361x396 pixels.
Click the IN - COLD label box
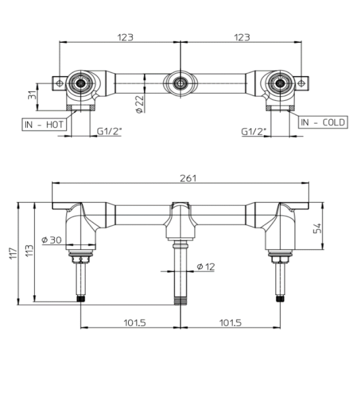[323, 123]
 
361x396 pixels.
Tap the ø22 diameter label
[139, 104]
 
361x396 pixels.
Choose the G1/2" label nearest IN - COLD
[253, 131]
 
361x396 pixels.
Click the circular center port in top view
[180, 83]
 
